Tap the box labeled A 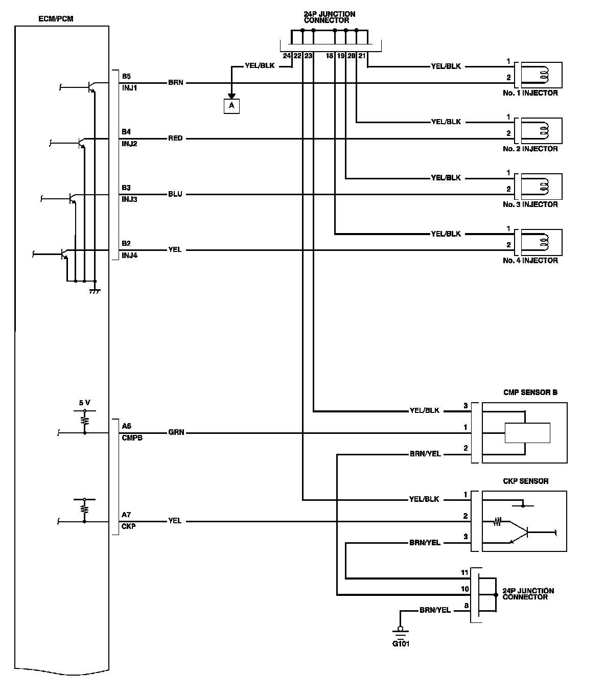click(x=231, y=106)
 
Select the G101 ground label click(x=401, y=643)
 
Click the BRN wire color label click(x=175, y=83)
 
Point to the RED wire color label click(x=175, y=138)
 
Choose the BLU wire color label click(x=175, y=194)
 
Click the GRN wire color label click(x=176, y=432)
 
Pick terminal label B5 click(x=126, y=76)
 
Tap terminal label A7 click(x=126, y=515)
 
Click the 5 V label click(x=85, y=403)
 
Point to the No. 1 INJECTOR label click(x=530, y=93)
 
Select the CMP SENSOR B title click(x=530, y=392)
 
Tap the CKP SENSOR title click(x=526, y=481)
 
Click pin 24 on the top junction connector click(x=286, y=56)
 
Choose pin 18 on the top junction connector click(x=330, y=56)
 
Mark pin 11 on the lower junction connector click(x=464, y=572)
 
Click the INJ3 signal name click(x=129, y=200)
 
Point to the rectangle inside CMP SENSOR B click(x=527, y=433)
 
